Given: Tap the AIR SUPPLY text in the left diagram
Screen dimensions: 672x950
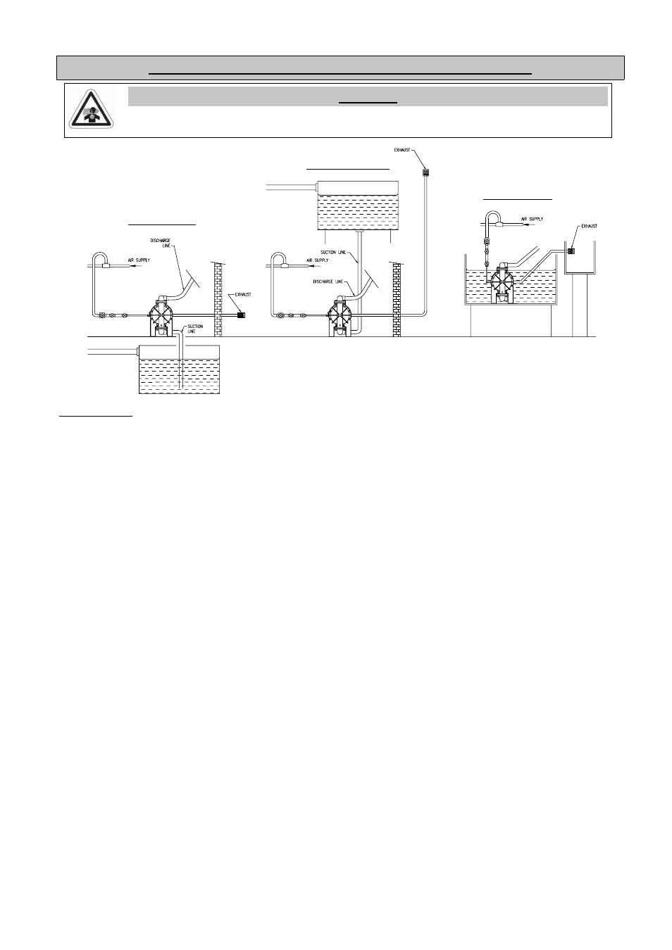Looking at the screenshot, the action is coord(139,260).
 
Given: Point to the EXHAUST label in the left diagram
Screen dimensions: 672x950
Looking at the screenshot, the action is coord(242,294).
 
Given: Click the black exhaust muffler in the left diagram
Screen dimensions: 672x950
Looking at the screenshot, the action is coord(239,315).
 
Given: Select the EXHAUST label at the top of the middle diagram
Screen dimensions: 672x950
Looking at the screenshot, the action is coord(403,150).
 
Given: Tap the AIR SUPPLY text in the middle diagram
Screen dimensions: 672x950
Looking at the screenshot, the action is coord(318,260).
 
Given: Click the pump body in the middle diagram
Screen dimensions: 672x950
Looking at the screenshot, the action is coord(340,315).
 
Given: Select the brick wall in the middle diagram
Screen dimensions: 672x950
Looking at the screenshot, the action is coord(397,300).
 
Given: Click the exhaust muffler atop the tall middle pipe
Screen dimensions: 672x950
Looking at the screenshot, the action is coord(425,172).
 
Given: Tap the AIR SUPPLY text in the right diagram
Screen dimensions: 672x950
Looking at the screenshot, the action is coord(533,220).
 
